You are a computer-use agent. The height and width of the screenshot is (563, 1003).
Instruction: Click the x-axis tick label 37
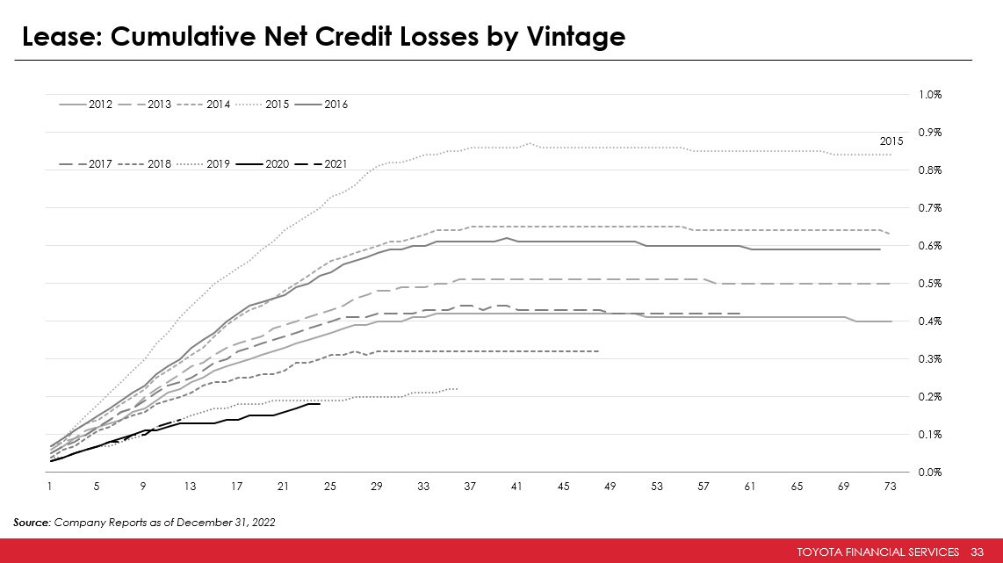pyautogui.click(x=470, y=486)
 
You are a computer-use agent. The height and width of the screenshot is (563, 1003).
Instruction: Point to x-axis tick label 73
pyautogui.click(x=890, y=486)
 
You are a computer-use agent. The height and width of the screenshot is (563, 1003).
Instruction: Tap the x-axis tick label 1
pyautogui.click(x=50, y=486)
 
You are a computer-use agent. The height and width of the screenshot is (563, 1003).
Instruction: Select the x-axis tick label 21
pyautogui.click(x=283, y=486)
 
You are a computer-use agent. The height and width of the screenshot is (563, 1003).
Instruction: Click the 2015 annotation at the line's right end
pyautogui.click(x=891, y=141)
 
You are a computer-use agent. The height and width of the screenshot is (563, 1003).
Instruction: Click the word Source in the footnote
pyautogui.click(x=32, y=523)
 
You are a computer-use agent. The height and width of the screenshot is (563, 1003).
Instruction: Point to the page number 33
pyautogui.click(x=977, y=552)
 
